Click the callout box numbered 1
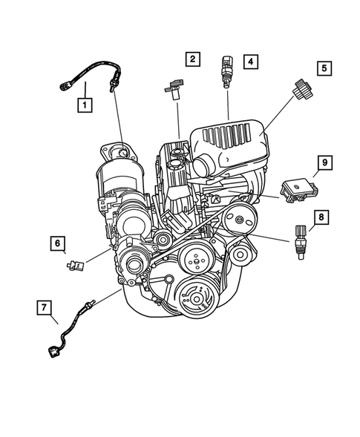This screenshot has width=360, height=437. pos(86,105)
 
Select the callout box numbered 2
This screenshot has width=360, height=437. pos(192,59)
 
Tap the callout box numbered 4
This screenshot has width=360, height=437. pos(252,62)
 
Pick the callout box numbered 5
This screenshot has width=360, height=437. pos(324,68)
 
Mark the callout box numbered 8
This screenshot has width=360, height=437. pos(321,217)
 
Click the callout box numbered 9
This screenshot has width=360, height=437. pos(323,161)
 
